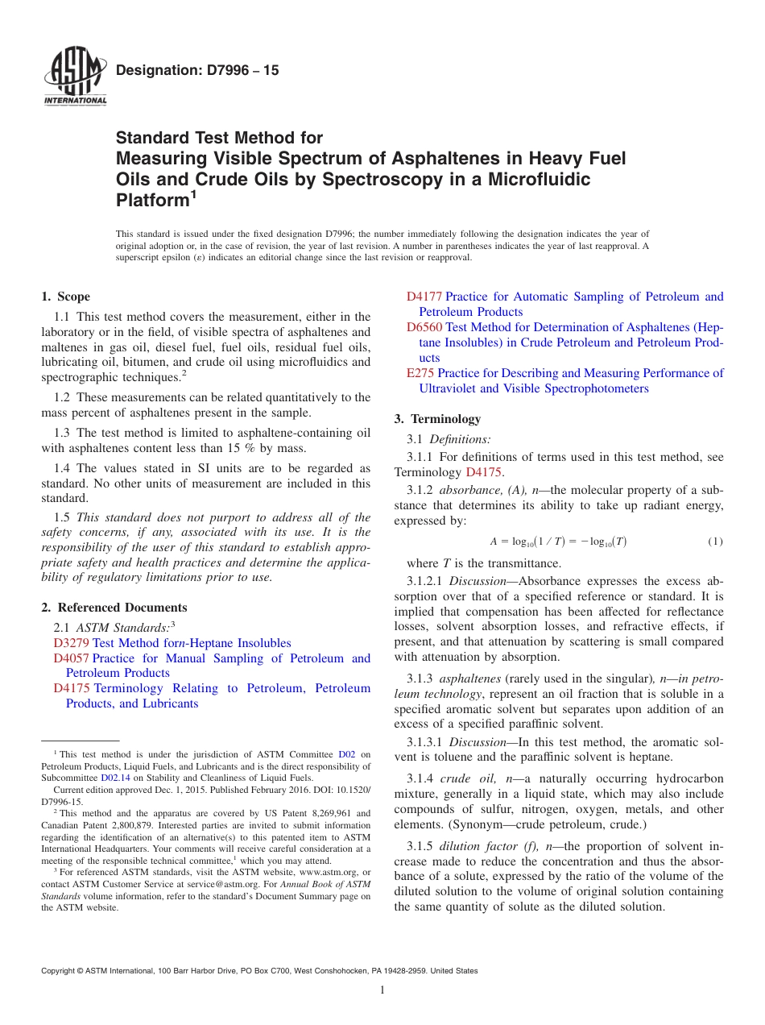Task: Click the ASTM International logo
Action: coord(75,77)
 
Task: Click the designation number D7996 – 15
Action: coord(197,70)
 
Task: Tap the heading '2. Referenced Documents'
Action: coord(114,608)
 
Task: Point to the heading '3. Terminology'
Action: coord(437,419)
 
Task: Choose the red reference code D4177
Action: coord(424,297)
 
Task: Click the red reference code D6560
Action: coord(424,327)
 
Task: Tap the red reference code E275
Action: coord(420,373)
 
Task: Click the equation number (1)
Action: coord(715,542)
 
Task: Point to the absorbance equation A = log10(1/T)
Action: coord(557,542)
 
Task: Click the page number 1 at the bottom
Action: coord(382,990)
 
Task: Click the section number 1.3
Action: coord(63,433)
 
